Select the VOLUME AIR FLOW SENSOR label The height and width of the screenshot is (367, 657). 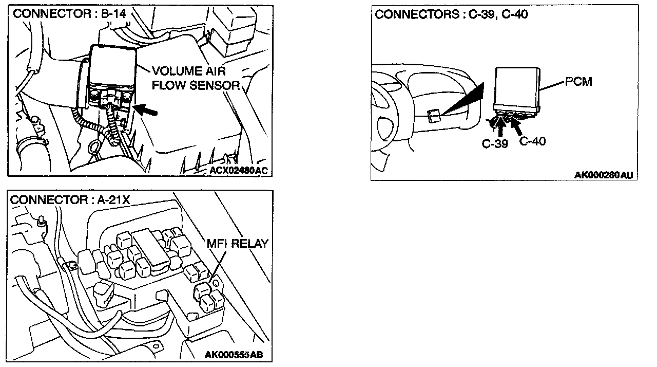[195, 78]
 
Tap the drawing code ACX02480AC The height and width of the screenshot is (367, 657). [239, 170]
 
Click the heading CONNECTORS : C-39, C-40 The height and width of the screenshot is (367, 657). [452, 14]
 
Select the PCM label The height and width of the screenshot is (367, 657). [578, 82]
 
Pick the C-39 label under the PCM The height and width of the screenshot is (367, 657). [495, 144]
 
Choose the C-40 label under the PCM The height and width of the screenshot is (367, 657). [532, 141]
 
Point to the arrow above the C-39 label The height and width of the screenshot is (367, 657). [500, 126]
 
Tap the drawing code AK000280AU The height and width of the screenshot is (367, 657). [603, 175]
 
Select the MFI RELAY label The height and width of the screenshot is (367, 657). [237, 244]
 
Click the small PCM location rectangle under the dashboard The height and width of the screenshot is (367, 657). [433, 116]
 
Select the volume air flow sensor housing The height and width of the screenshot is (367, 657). [113, 77]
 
